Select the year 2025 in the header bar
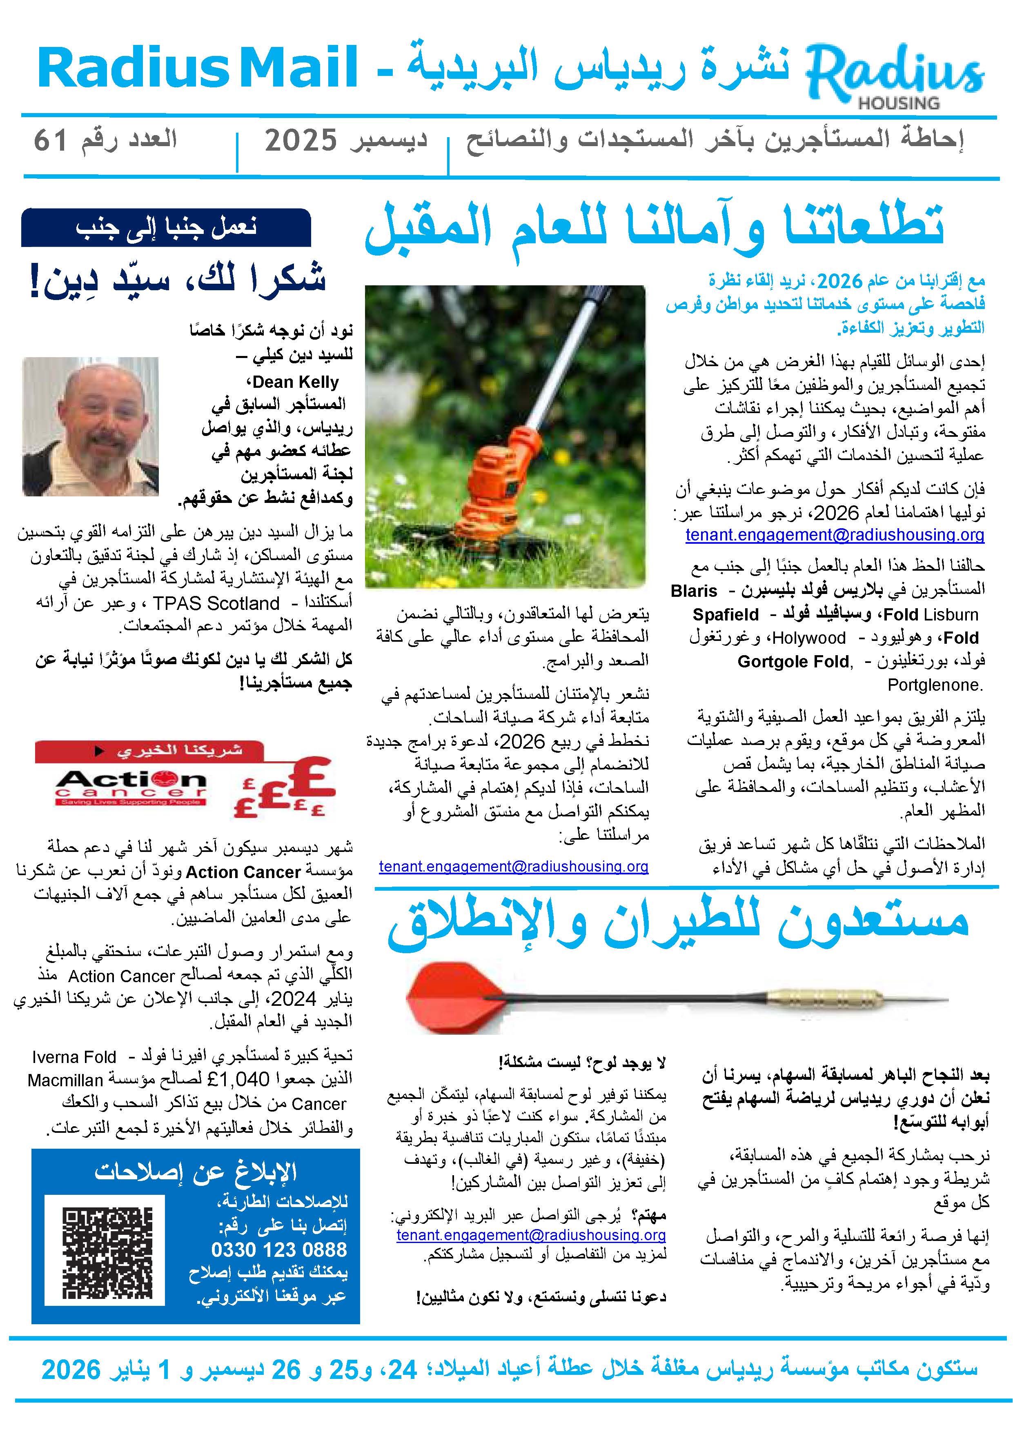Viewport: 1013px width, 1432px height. point(301,141)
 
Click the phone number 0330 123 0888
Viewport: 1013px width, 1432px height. point(279,1249)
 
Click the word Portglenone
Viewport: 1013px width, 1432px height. point(935,685)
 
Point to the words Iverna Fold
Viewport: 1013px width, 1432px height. point(73,1056)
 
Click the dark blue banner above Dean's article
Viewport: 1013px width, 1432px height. point(166,227)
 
